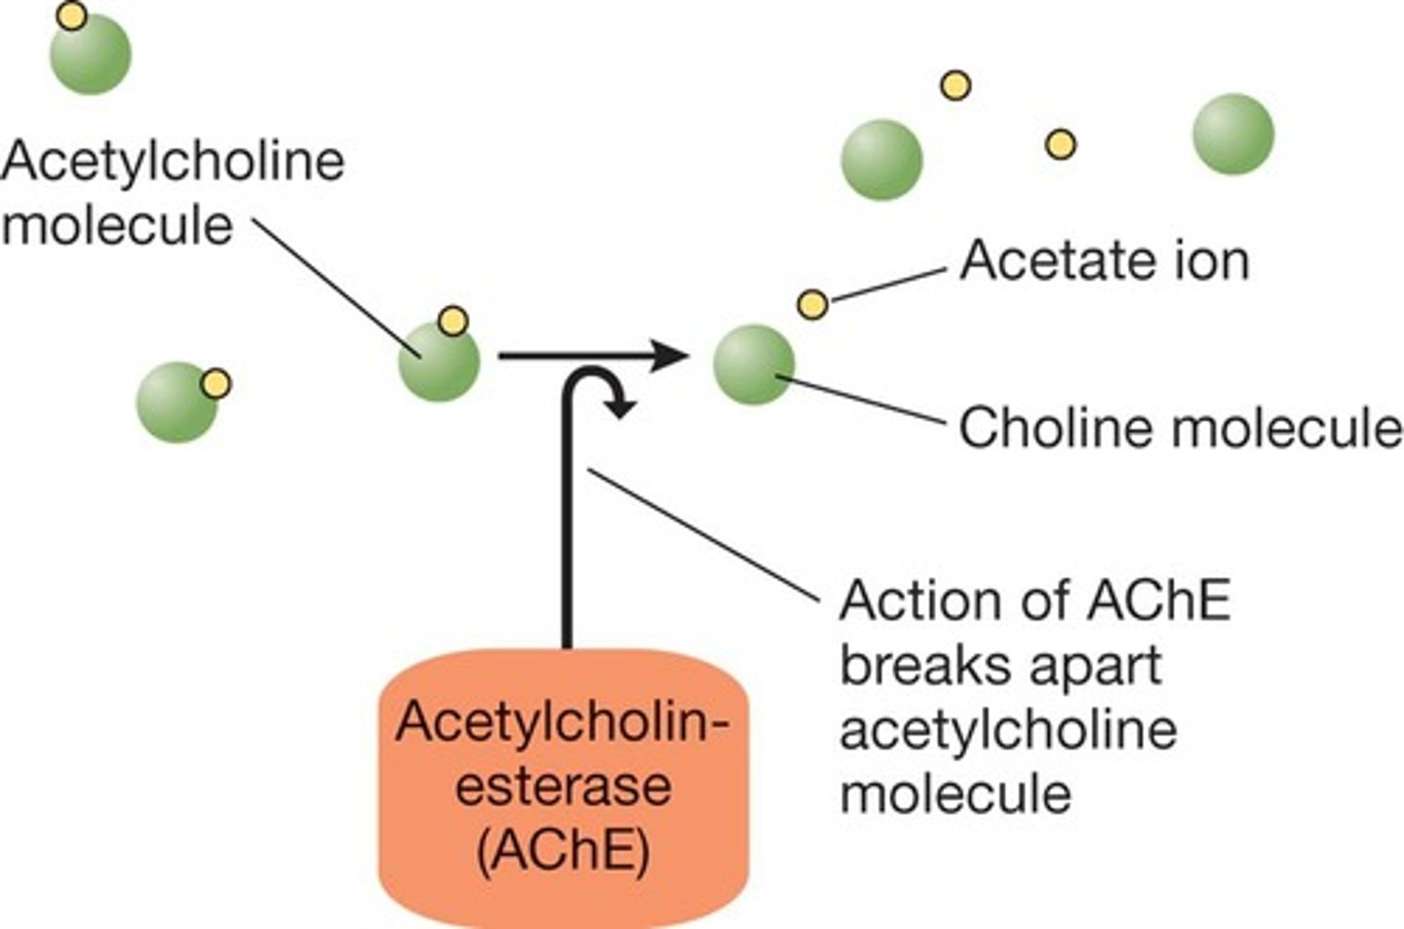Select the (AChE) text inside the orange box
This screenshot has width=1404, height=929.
[564, 851]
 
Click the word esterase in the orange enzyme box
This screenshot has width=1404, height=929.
[564, 786]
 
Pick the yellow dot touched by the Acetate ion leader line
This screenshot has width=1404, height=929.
[812, 304]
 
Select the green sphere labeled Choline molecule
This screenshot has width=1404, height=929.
[754, 366]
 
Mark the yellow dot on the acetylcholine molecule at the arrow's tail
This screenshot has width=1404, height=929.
[452, 320]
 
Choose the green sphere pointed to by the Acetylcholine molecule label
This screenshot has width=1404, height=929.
[439, 362]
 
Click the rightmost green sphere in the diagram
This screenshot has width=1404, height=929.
[1233, 134]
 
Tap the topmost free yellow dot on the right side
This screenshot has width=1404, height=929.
[955, 86]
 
